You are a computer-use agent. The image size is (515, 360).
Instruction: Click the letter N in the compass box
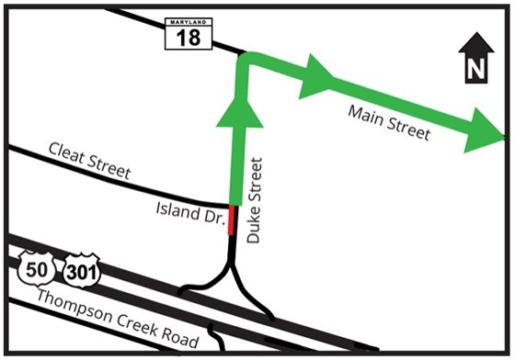coord(475,68)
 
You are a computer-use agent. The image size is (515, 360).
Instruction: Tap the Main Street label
coord(389,122)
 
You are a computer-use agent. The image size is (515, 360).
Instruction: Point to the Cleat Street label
coord(90,159)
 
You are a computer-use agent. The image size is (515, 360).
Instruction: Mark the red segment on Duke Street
coord(231,220)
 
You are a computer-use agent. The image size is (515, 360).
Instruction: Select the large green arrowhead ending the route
coord(486,131)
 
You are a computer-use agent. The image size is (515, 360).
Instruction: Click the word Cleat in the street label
coord(68,153)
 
